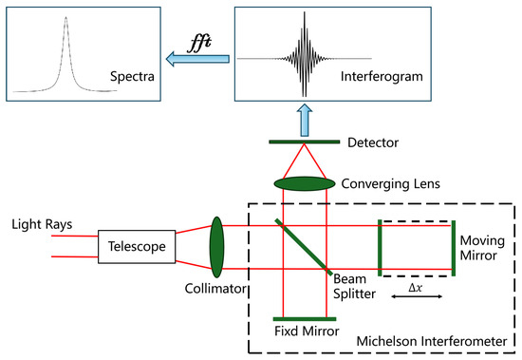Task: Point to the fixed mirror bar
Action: click(302, 319)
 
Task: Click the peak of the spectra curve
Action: click(65, 15)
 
